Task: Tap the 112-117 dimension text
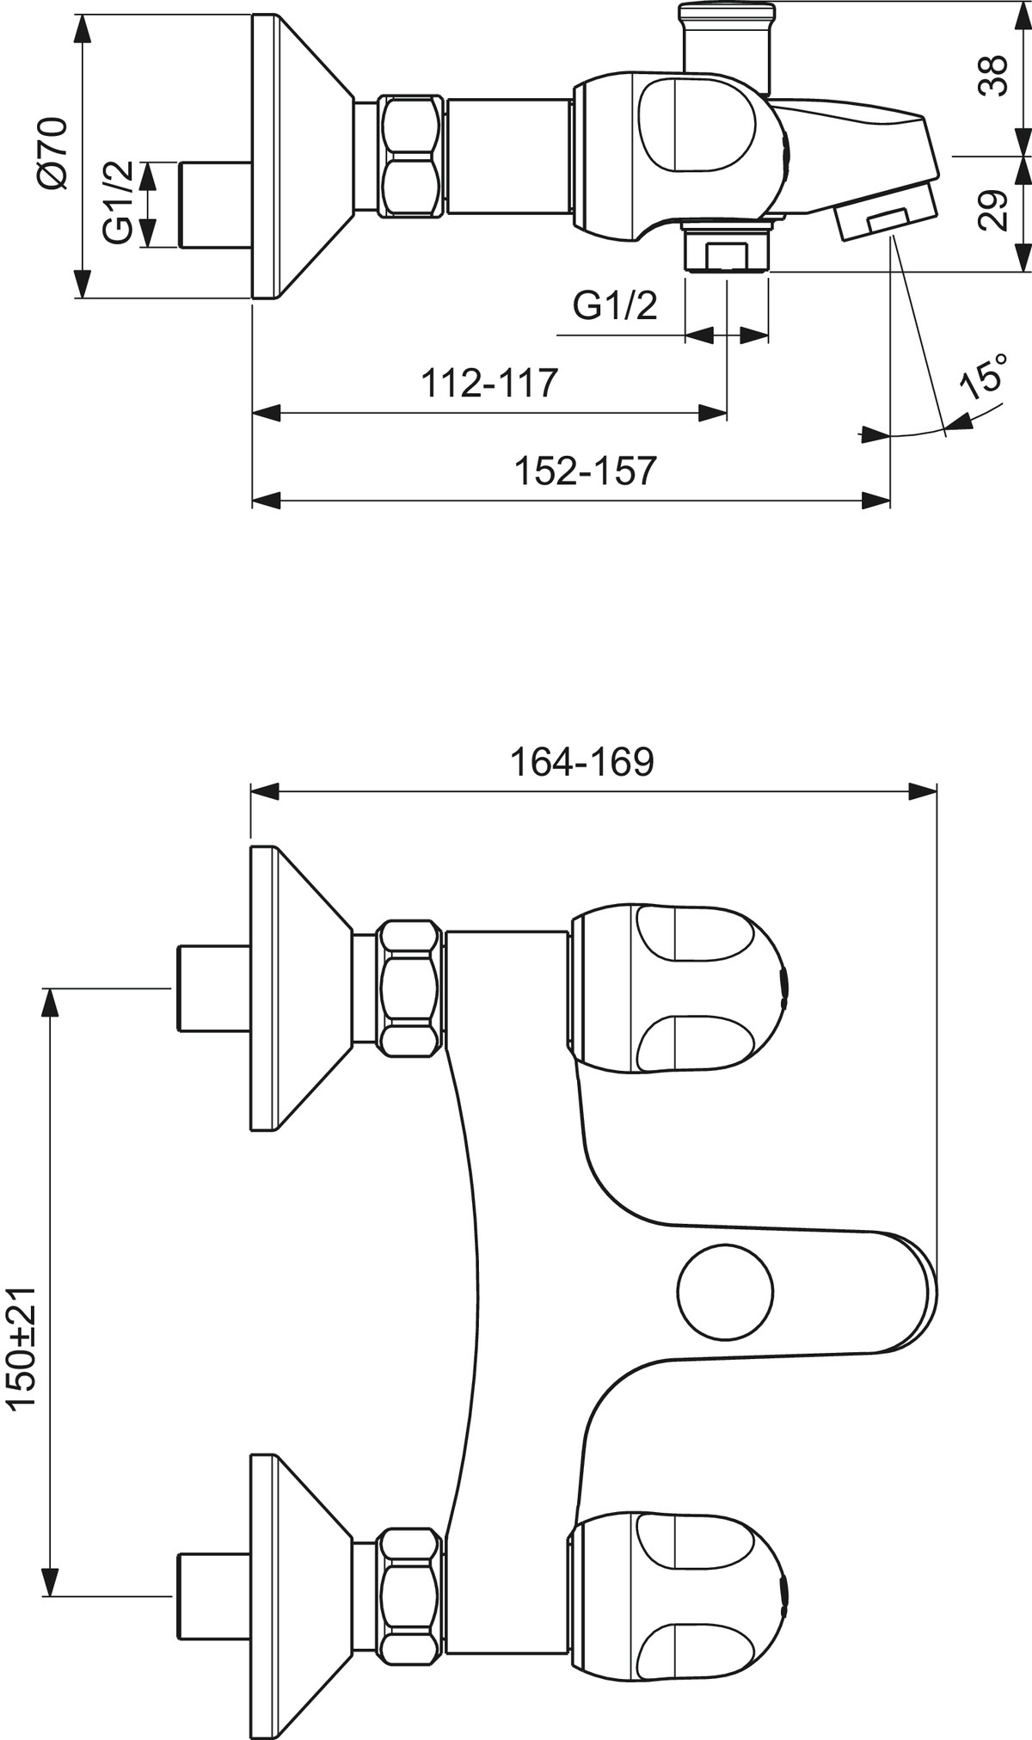click(489, 382)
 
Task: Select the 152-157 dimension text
click(586, 470)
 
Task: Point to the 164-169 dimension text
click(582, 761)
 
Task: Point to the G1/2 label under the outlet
click(615, 304)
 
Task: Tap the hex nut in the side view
click(412, 156)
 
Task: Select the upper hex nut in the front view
click(412, 988)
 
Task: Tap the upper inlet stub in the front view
click(212, 988)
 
